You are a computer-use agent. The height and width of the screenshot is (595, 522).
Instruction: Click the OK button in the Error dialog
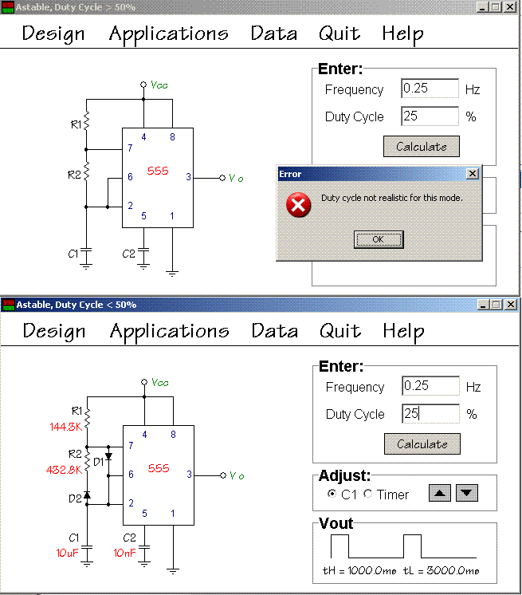click(x=379, y=239)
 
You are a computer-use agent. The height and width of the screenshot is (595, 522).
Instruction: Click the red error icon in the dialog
click(x=298, y=206)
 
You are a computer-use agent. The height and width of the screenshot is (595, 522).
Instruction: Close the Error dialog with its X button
click(x=473, y=173)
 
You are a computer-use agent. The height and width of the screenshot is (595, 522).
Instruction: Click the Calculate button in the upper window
click(x=422, y=147)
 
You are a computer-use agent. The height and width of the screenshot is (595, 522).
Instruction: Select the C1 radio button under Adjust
click(x=332, y=495)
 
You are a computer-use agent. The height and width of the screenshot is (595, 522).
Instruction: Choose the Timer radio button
click(x=367, y=495)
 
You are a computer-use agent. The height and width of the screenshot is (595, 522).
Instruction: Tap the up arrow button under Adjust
click(x=439, y=494)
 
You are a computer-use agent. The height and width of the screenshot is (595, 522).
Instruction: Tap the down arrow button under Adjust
click(x=466, y=494)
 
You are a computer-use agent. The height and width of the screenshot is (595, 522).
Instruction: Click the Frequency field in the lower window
click(x=430, y=386)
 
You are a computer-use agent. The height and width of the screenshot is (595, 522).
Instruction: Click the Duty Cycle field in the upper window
click(x=430, y=116)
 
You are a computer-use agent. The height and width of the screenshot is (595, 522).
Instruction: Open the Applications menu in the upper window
click(x=168, y=33)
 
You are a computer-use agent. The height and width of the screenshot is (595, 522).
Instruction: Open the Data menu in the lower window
click(x=275, y=331)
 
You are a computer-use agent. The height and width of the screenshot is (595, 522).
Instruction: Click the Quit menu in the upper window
click(x=339, y=33)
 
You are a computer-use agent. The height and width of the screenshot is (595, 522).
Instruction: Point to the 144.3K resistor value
click(x=65, y=427)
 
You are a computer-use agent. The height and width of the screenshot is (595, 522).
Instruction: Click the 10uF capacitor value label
click(x=66, y=553)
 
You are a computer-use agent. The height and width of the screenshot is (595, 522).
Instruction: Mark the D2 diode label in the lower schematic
click(x=74, y=498)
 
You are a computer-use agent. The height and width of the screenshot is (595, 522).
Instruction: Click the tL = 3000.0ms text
click(x=442, y=571)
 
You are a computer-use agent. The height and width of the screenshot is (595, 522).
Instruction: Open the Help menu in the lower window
click(x=403, y=331)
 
